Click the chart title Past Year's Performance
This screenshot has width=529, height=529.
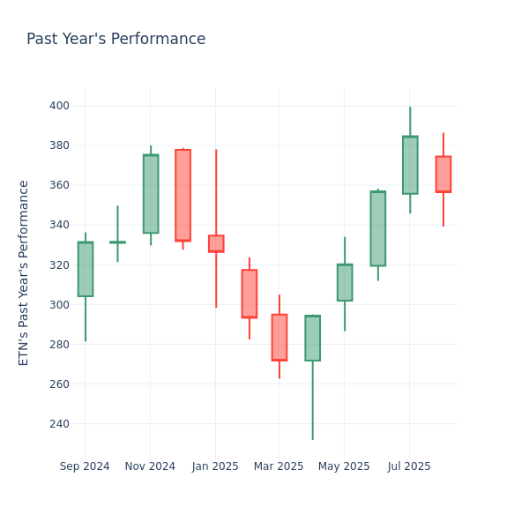(x=115, y=40)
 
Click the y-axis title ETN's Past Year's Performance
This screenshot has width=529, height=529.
(x=24, y=272)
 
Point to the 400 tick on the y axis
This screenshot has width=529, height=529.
(x=59, y=106)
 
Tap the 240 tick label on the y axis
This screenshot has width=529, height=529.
(x=59, y=424)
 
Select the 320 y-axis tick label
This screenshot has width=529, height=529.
(x=59, y=264)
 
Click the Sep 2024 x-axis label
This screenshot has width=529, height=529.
(x=85, y=466)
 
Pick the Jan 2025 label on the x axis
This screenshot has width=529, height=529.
(x=214, y=466)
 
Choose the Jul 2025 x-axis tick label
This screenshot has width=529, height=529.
(x=409, y=466)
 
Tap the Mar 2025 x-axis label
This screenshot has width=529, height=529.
(x=279, y=466)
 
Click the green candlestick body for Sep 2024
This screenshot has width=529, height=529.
(x=86, y=269)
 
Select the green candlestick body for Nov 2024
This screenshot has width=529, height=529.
(x=151, y=194)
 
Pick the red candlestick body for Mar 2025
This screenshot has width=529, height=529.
(x=279, y=337)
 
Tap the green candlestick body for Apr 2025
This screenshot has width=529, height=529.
(x=312, y=338)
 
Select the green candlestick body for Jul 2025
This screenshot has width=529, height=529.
(x=410, y=165)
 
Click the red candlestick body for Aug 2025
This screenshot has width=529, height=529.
(x=443, y=174)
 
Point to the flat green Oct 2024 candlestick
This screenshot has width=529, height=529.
(x=117, y=242)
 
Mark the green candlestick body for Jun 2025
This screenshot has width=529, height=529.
(x=377, y=228)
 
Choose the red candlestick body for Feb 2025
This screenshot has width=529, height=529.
(x=249, y=294)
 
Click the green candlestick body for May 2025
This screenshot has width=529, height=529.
(x=345, y=282)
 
